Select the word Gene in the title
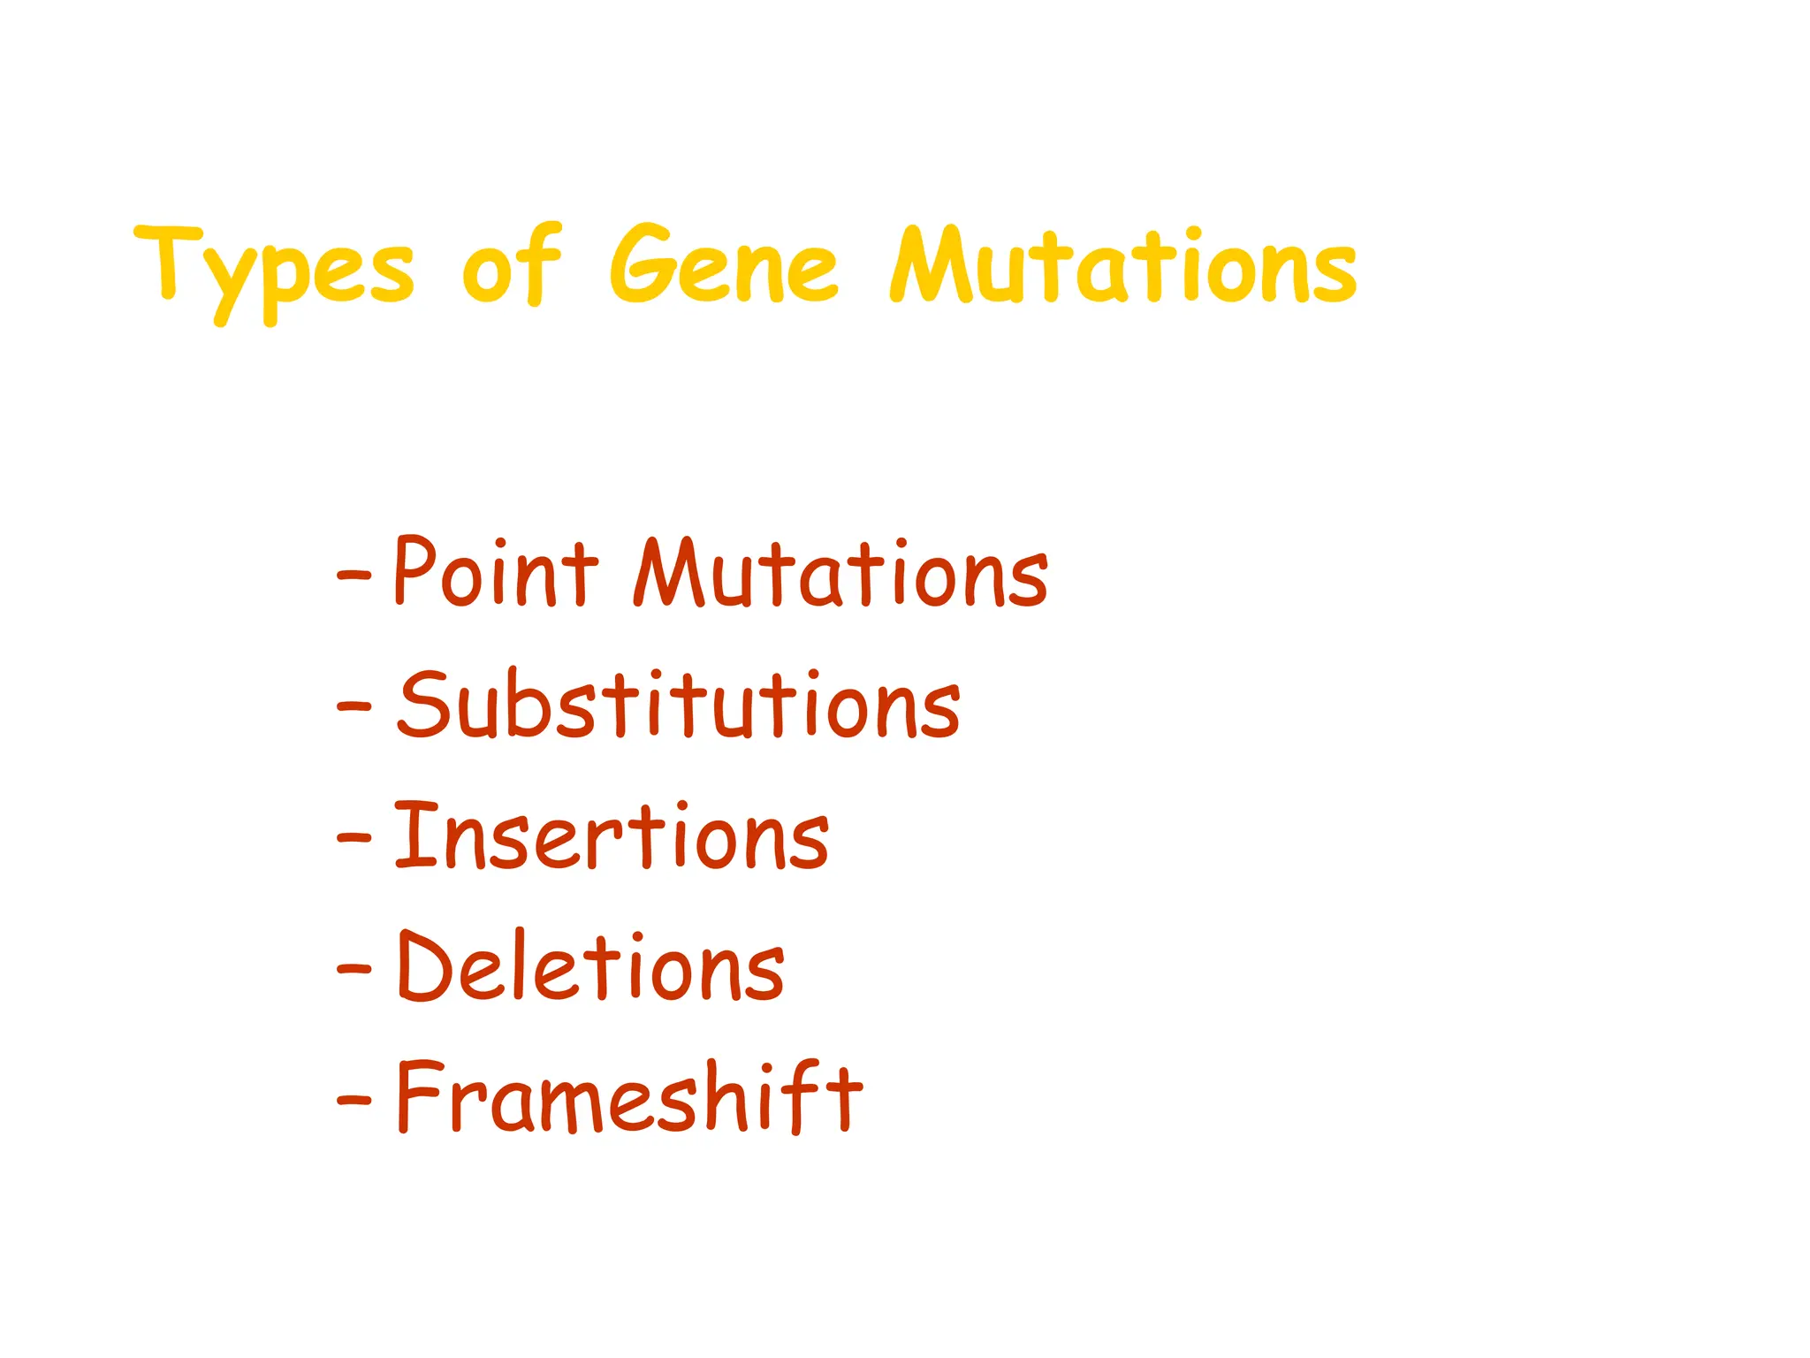723,265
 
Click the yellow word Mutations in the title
1122,265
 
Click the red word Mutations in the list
840,575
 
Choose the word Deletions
590,966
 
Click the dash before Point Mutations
354,576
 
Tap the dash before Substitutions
354,706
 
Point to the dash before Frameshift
354,1099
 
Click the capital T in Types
168,261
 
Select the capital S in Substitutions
425,705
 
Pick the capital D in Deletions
426,965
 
